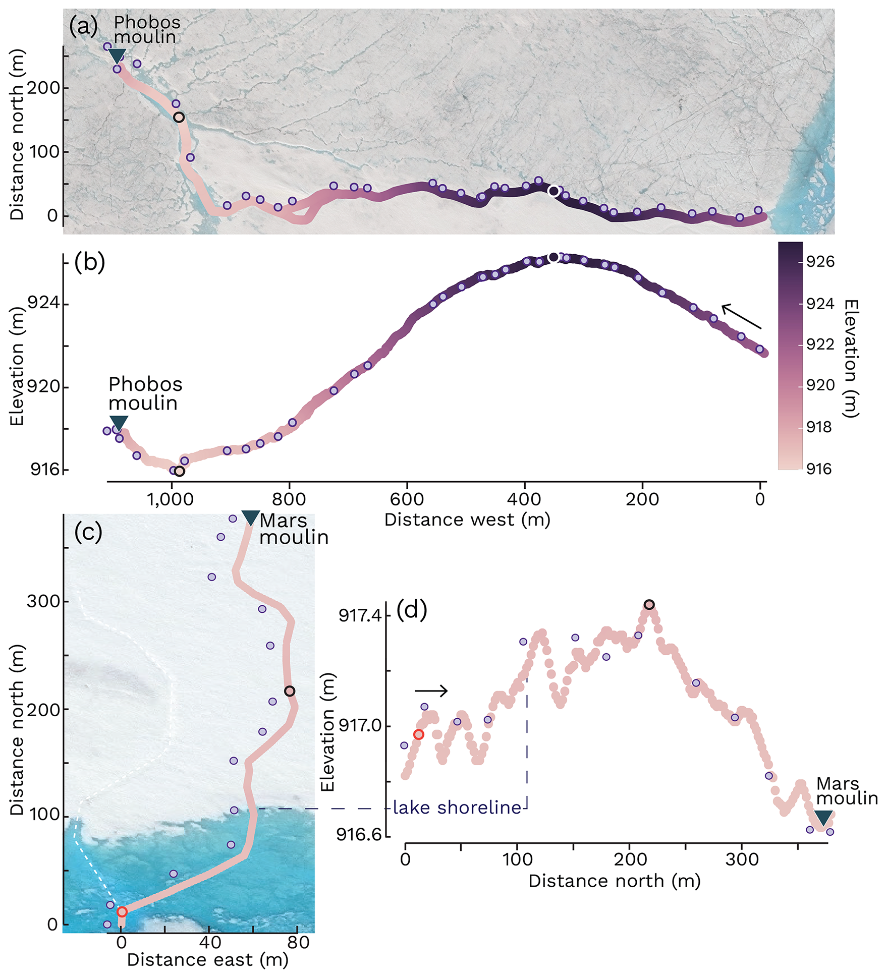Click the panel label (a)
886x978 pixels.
pos(83,26)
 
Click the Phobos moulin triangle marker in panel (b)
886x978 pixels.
pos(119,423)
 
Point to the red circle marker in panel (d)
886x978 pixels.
pos(418,734)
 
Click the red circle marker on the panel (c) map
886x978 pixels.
pos(122,911)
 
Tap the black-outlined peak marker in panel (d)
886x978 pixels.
pos(649,604)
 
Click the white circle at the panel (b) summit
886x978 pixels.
pos(553,258)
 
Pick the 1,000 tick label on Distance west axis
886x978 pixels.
pos(170,500)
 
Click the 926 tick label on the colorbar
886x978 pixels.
pos(820,262)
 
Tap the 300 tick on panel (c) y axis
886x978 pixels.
pos(43,601)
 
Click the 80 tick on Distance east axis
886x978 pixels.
pos(298,942)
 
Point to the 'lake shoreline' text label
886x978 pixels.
pos(457,808)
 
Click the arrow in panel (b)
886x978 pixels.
pos(741,316)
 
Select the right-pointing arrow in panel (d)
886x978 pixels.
pos(431,691)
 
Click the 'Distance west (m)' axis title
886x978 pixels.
pos(467,520)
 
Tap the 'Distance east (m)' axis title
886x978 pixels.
pos(207,959)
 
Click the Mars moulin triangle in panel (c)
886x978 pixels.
pos(251,518)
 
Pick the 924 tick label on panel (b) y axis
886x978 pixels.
pos(43,304)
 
